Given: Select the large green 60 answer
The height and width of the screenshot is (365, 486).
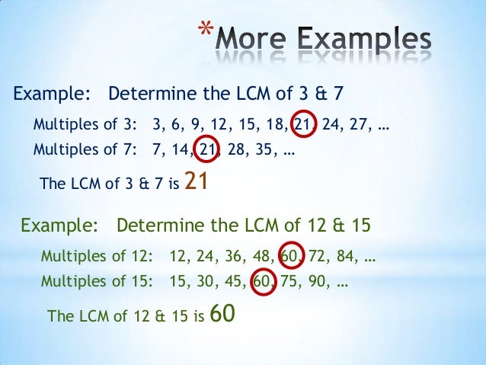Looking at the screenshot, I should tap(220, 313).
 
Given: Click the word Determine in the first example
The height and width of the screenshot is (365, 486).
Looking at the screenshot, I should tap(144, 94).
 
